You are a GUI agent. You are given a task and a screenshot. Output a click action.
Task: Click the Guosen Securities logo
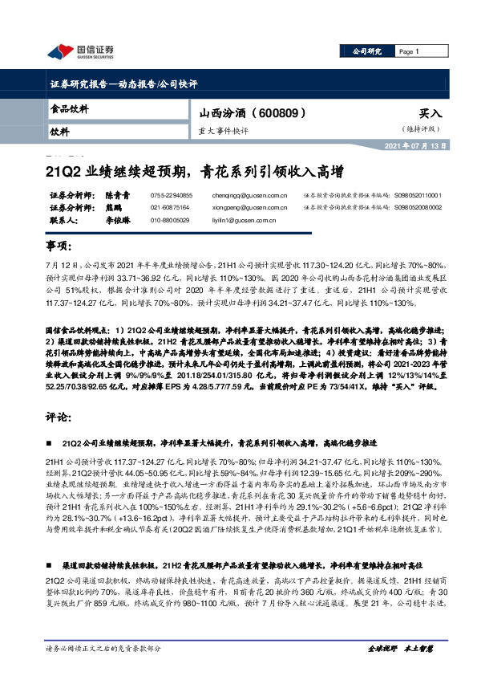81,54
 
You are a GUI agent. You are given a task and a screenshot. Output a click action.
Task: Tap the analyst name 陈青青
117,194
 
